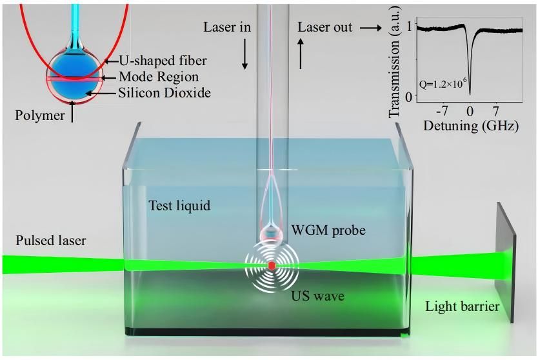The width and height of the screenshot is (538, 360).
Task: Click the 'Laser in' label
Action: pyautogui.click(x=227, y=28)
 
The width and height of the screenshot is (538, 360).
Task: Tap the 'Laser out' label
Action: pyautogui.click(x=325, y=28)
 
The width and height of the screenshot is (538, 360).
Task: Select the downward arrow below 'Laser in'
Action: pyautogui.click(x=245, y=58)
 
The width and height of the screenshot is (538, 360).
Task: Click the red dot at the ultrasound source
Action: pyautogui.click(x=272, y=265)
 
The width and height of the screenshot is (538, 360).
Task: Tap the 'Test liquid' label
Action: pyautogui.click(x=180, y=206)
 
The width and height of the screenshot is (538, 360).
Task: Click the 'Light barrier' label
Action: pyautogui.click(x=462, y=306)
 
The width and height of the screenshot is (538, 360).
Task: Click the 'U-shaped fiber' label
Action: pyautogui.click(x=163, y=61)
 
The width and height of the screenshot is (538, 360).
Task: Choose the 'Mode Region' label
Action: pyautogui.click(x=159, y=77)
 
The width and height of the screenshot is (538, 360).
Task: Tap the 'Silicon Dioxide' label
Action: pyautogui.click(x=164, y=93)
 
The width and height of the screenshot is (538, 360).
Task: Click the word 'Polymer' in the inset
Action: pyautogui.click(x=41, y=115)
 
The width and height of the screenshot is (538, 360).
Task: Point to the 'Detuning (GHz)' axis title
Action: pyautogui.click(x=470, y=126)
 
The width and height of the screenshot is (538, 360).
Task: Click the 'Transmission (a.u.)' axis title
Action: pyautogui.click(x=395, y=62)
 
